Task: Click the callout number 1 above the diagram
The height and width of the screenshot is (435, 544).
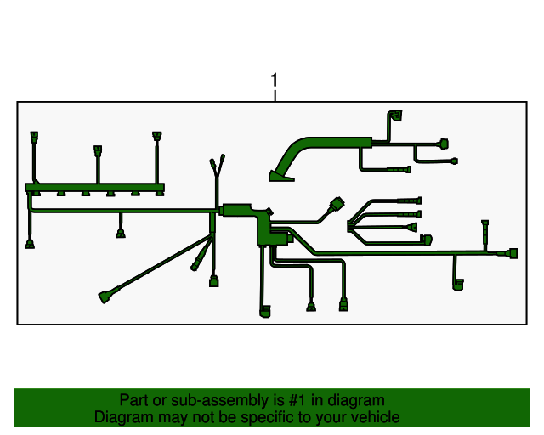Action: (274, 81)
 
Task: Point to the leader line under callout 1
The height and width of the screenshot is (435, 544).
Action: (274, 95)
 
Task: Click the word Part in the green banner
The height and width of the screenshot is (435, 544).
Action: (134, 400)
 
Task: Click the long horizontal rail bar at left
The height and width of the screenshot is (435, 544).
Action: (93, 188)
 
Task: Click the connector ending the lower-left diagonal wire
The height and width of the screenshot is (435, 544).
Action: (105, 297)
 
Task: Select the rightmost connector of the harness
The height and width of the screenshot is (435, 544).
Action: (508, 254)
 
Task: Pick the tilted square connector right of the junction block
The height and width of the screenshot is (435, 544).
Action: (337, 205)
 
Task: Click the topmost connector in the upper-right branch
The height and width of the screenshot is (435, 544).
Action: (395, 114)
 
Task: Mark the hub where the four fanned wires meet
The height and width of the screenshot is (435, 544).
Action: (352, 225)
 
